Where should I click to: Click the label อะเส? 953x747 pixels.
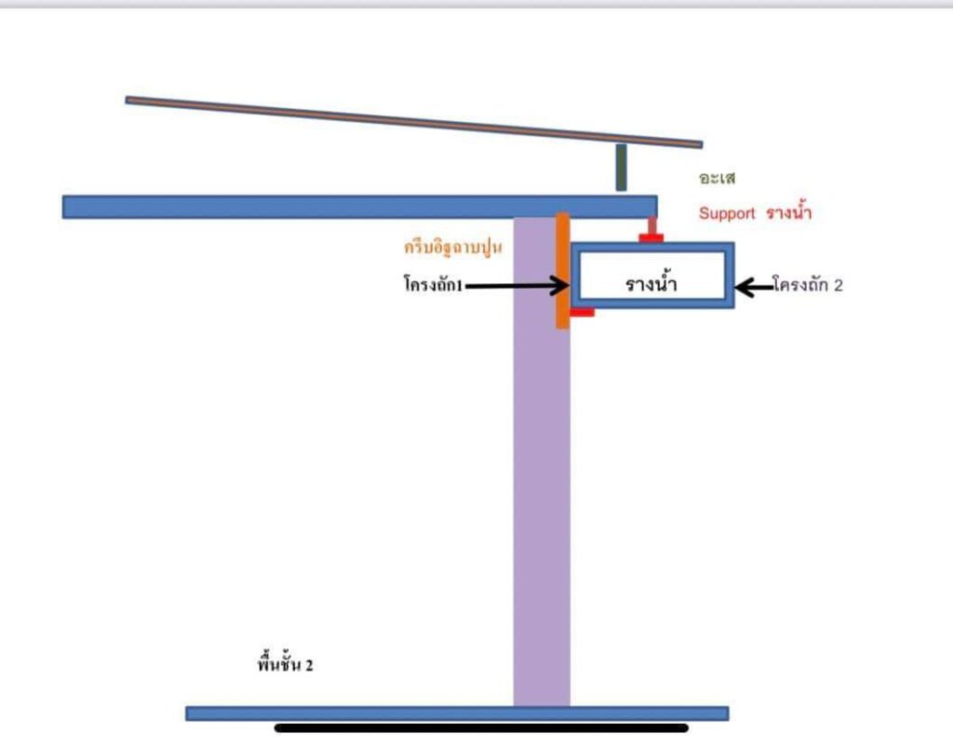click(x=717, y=178)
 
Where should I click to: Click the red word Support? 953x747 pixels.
click(x=727, y=213)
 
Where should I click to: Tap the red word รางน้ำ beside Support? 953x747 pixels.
click(x=788, y=212)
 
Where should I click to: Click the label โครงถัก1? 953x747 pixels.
click(x=433, y=286)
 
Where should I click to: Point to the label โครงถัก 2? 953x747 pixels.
click(x=808, y=286)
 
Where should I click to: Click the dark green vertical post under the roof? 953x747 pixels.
click(x=621, y=168)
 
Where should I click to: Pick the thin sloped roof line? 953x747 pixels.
click(x=413, y=121)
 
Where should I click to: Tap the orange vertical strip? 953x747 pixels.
click(x=562, y=270)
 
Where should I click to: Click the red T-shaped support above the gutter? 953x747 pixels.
click(x=651, y=232)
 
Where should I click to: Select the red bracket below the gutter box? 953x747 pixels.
click(x=582, y=313)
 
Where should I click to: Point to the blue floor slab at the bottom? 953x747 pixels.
click(x=456, y=713)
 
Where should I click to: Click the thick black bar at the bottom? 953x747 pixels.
click(x=481, y=728)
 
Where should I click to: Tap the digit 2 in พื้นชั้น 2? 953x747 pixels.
click(x=309, y=666)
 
